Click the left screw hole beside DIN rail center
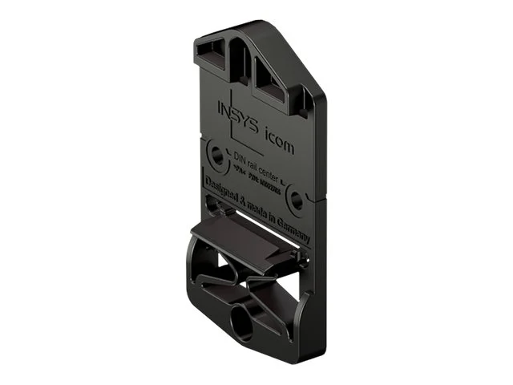(214, 154)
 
